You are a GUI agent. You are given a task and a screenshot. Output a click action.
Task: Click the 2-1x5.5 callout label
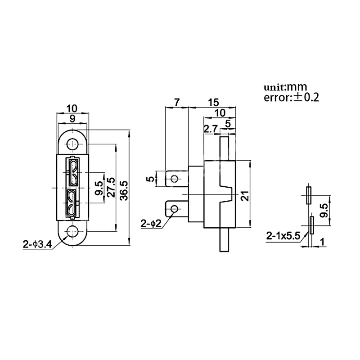click(x=283, y=236)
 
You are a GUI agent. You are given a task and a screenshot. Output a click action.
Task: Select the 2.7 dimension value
click(x=211, y=129)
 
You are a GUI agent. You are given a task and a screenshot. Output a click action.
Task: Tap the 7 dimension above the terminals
click(x=177, y=103)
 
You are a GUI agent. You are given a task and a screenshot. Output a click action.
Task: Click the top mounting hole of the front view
click(x=72, y=144)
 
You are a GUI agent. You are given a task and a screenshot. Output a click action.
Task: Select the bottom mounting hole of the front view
click(x=72, y=232)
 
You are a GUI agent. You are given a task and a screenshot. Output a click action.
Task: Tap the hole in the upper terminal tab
click(x=174, y=180)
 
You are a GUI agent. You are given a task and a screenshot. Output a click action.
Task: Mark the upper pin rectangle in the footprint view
click(x=309, y=195)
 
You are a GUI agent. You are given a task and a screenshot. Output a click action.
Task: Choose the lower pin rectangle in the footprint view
click(x=311, y=225)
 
